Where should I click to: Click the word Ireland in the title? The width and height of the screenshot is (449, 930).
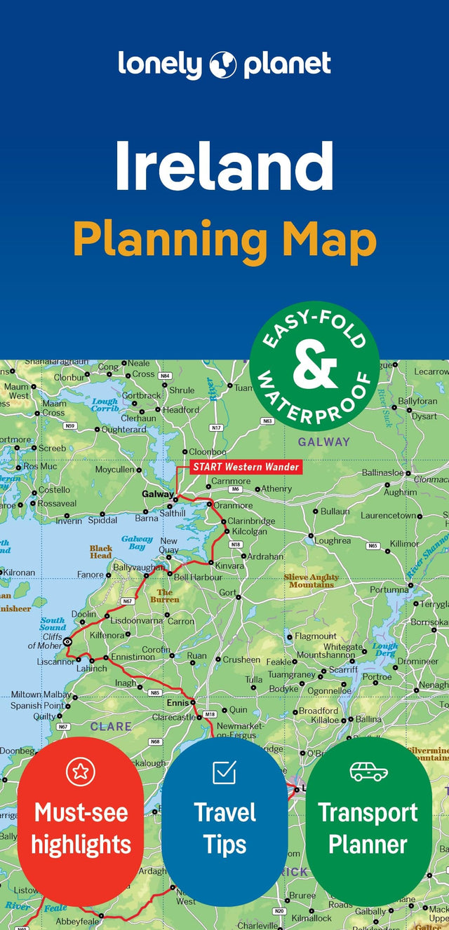[224, 167]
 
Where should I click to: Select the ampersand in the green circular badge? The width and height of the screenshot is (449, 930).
[314, 364]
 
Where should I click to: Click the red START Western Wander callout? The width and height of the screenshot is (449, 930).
[246, 467]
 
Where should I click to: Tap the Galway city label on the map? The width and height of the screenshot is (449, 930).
[157, 494]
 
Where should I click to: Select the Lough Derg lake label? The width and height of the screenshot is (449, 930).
[384, 650]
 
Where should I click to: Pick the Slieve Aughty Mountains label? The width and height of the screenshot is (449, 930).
[311, 581]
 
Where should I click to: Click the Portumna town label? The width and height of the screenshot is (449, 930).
[389, 590]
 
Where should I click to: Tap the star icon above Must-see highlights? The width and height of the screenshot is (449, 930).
[81, 772]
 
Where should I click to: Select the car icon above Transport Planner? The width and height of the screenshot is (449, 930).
[368, 772]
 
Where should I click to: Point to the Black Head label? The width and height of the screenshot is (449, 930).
[100, 552]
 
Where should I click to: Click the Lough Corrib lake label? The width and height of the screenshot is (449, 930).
[105, 405]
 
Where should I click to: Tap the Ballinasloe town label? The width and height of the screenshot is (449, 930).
[382, 473]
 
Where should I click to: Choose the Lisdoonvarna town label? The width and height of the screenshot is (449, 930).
[136, 621]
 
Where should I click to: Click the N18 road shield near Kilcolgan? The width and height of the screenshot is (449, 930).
[236, 545]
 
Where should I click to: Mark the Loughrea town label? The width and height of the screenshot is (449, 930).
[332, 541]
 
